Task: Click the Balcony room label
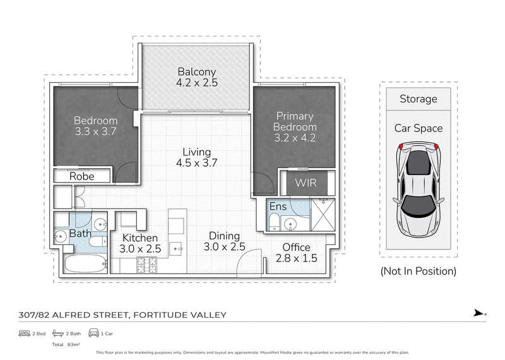197,71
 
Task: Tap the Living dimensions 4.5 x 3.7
197,163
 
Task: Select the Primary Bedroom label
295,121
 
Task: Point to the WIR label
306,183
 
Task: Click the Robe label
82,176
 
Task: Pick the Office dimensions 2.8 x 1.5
297,258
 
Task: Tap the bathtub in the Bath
85,263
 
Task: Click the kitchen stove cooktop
147,265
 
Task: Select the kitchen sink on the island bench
176,248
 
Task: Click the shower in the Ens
323,215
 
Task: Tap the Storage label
419,99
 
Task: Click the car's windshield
419,206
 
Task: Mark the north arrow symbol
479,313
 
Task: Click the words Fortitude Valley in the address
180,315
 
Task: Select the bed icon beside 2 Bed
24,333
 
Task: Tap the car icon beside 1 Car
93,333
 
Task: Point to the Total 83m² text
66,345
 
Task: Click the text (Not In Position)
419,272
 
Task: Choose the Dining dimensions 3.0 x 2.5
225,247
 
